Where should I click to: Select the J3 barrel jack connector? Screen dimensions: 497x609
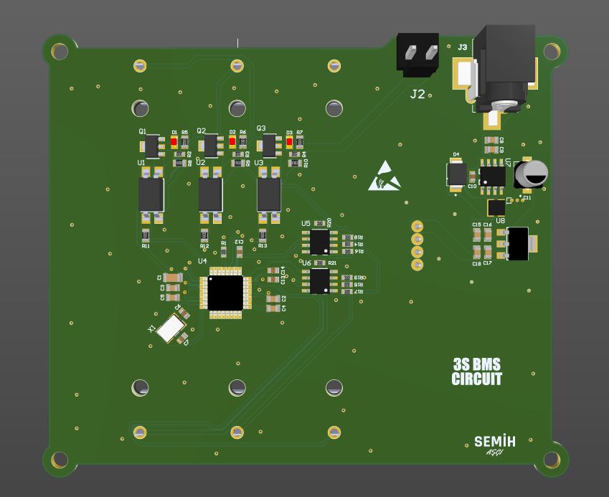[x=504, y=68]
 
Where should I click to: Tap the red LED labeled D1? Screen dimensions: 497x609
[x=174, y=142]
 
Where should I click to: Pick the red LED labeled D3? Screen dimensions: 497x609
[x=289, y=142]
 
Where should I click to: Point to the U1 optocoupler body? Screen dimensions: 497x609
[x=151, y=194]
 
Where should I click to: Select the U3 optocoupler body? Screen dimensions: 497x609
[x=269, y=194]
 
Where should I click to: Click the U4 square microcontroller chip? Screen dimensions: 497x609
[x=226, y=292]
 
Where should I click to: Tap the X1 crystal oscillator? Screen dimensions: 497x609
[x=171, y=328]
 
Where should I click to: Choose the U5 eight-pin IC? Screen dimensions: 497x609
[x=320, y=242]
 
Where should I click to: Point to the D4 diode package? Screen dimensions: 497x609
[x=455, y=174]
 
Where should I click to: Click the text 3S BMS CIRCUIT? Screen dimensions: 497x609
[x=477, y=371]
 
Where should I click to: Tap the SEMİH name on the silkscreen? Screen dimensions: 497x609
[x=494, y=441]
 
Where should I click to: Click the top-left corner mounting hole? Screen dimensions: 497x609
[x=60, y=51]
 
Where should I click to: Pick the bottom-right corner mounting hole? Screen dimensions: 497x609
[x=551, y=460]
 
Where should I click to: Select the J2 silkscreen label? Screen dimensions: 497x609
[x=417, y=94]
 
